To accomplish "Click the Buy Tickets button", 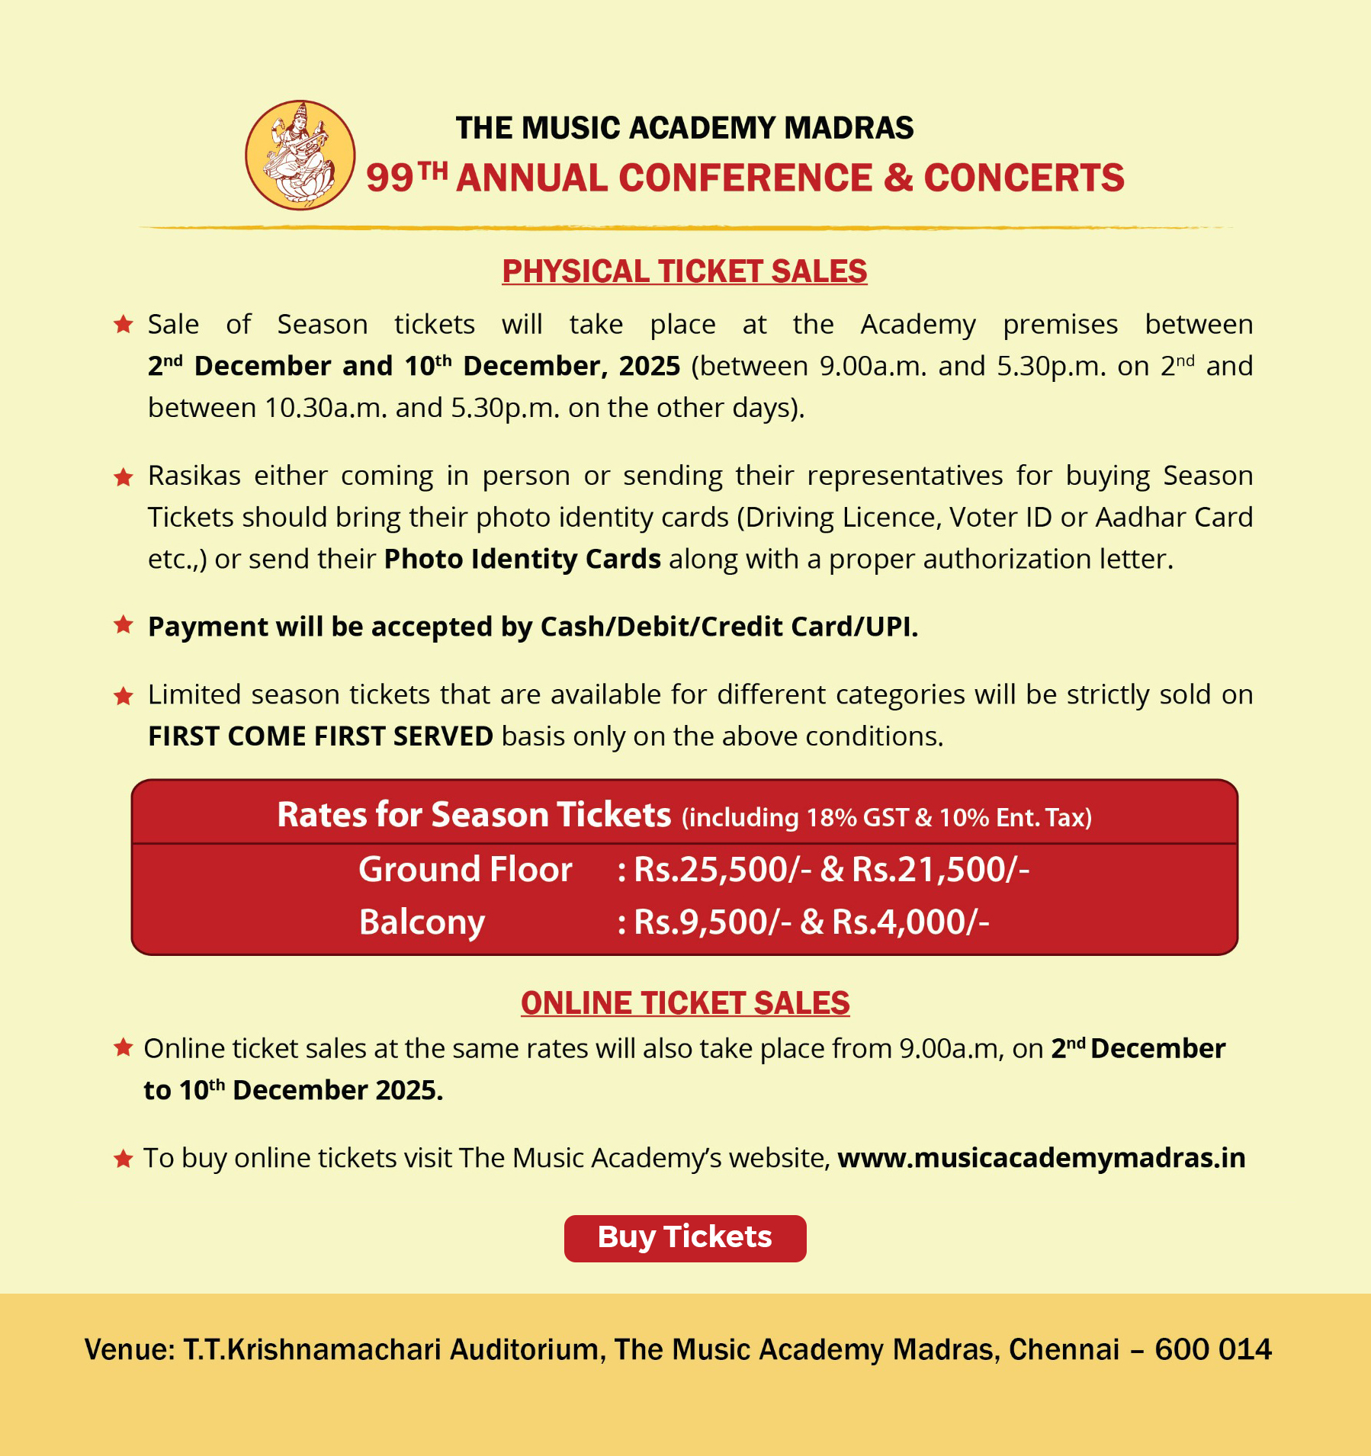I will [x=685, y=1238].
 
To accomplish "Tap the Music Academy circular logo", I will [x=300, y=155].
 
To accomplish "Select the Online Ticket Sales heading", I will [x=685, y=1003].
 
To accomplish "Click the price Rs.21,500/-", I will [x=940, y=870].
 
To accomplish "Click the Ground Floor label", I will [x=465, y=870].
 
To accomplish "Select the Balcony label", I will [x=422, y=922].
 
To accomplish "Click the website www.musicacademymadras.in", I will [x=1041, y=1158].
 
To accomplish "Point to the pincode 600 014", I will [x=1213, y=1349].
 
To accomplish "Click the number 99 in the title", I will [x=390, y=178].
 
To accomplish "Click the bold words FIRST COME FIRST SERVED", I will [x=320, y=736].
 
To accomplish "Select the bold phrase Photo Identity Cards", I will [x=522, y=560].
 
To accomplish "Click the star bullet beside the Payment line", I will [x=124, y=626].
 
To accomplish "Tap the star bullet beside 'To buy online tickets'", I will [x=124, y=1159].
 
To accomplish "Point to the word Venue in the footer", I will [x=128, y=1349].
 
